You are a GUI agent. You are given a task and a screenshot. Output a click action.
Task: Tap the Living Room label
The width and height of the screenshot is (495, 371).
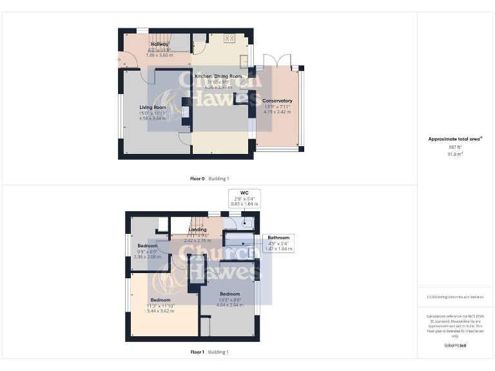153,108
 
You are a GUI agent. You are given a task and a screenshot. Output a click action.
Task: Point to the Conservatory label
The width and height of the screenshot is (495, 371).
277,101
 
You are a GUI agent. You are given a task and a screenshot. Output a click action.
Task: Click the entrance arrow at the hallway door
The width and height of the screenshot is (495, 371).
120,60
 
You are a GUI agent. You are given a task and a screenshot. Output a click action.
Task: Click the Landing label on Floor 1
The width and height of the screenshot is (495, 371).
197,230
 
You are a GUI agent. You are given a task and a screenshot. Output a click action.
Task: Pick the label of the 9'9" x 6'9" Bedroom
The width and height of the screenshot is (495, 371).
147,246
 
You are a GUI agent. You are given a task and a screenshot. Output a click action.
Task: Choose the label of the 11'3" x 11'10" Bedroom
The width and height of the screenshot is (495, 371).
160,300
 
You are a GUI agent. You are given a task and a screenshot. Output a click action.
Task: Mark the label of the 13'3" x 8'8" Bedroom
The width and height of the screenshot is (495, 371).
229,294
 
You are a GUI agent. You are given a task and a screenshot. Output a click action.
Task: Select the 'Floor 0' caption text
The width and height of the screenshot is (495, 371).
197,178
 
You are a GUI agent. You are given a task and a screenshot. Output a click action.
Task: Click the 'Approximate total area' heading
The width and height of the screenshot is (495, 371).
454,139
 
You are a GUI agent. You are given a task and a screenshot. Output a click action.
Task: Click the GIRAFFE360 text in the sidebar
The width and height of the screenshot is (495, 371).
454,346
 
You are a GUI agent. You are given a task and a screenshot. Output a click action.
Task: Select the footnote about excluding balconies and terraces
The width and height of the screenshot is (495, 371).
454,297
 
